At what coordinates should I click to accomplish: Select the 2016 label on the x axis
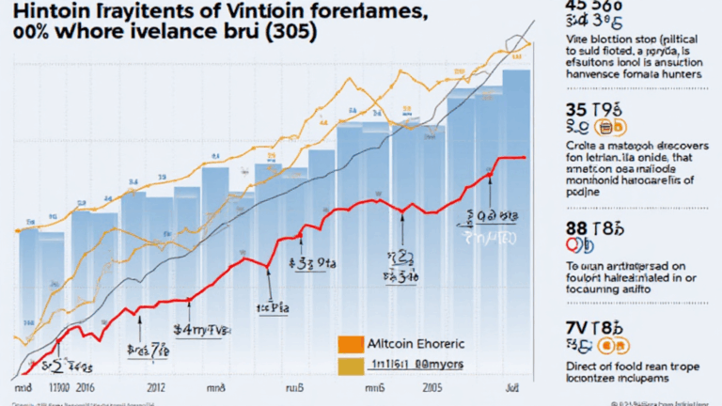(x=85, y=387)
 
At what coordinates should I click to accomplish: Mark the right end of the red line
(x=524, y=157)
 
